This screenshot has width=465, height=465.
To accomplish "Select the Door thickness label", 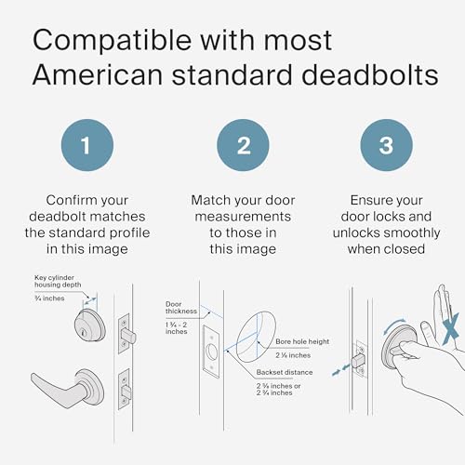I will (x=178, y=308).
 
